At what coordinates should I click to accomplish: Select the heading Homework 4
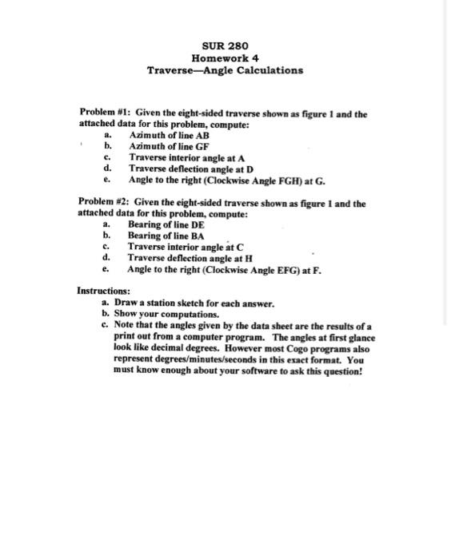click(225, 57)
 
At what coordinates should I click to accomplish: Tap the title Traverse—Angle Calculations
click(225, 70)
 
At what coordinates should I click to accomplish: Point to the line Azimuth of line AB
click(169, 137)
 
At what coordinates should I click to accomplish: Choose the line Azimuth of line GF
click(169, 147)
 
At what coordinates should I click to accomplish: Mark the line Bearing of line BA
click(166, 236)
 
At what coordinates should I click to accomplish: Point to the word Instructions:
click(103, 292)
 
